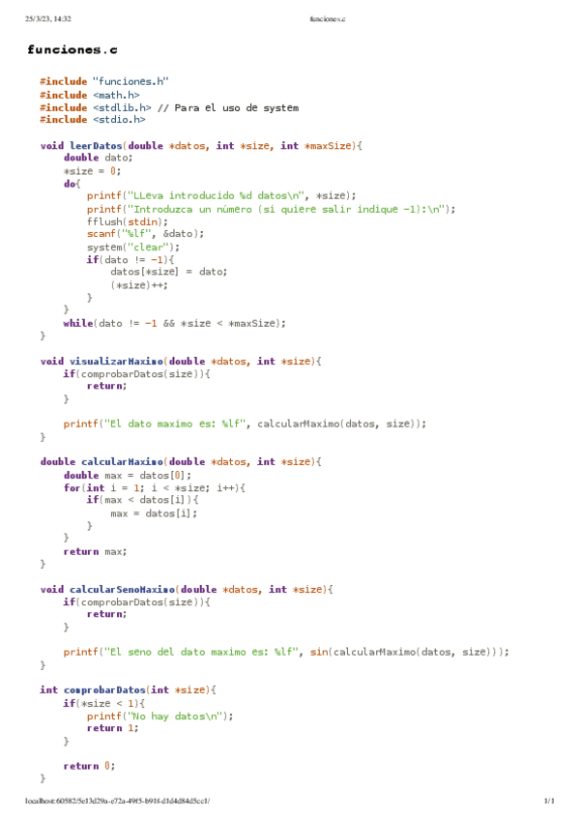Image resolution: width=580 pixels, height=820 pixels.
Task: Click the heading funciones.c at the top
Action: (x=72, y=49)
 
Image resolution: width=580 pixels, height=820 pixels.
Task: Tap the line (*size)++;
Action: (x=131, y=284)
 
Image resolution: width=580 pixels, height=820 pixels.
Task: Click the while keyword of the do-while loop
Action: (x=78, y=323)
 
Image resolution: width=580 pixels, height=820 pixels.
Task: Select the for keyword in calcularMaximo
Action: (x=72, y=487)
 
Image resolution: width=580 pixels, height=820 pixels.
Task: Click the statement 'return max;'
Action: (x=95, y=551)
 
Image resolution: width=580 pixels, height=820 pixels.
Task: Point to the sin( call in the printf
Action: (x=316, y=652)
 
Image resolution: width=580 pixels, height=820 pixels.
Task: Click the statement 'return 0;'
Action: (x=89, y=766)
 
